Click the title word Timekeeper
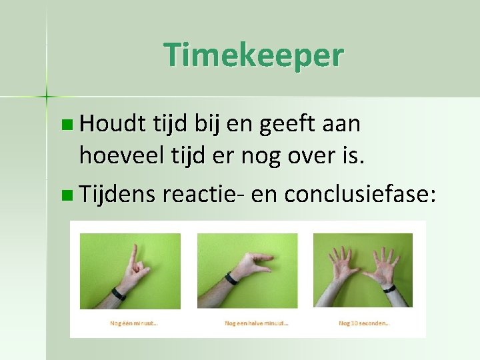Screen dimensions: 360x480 253,55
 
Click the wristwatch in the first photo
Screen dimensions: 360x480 119,293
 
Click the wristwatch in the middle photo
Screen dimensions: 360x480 232,277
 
